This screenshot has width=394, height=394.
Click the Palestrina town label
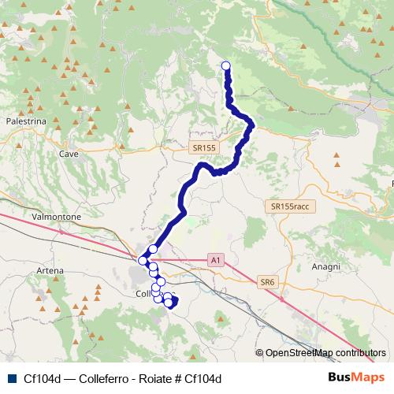(x=26, y=122)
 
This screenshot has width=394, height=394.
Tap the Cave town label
(x=69, y=154)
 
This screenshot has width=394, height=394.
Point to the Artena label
(x=50, y=271)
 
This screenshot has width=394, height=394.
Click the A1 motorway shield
(x=216, y=258)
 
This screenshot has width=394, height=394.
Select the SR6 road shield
(x=268, y=282)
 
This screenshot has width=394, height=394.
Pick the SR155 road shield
(x=203, y=147)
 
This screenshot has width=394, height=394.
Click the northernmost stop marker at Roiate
(x=226, y=66)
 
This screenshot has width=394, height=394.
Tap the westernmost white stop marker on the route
(x=143, y=261)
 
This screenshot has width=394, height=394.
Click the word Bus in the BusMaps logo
(x=342, y=377)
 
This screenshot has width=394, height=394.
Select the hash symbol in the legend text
(x=179, y=378)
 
